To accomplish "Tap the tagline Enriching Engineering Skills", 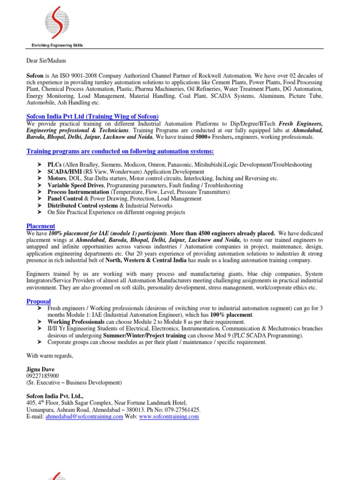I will point(54,45).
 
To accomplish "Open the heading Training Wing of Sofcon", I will point(92,116).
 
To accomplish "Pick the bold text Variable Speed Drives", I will point(76,186).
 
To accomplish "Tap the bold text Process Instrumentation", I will point(78,192).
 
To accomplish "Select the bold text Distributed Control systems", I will point(82,206).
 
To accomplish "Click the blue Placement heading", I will point(41,226).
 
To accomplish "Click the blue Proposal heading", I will point(38,301).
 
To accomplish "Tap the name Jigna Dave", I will point(41,369).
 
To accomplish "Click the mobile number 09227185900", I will point(43,376).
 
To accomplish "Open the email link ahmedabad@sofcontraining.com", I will point(84,417).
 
